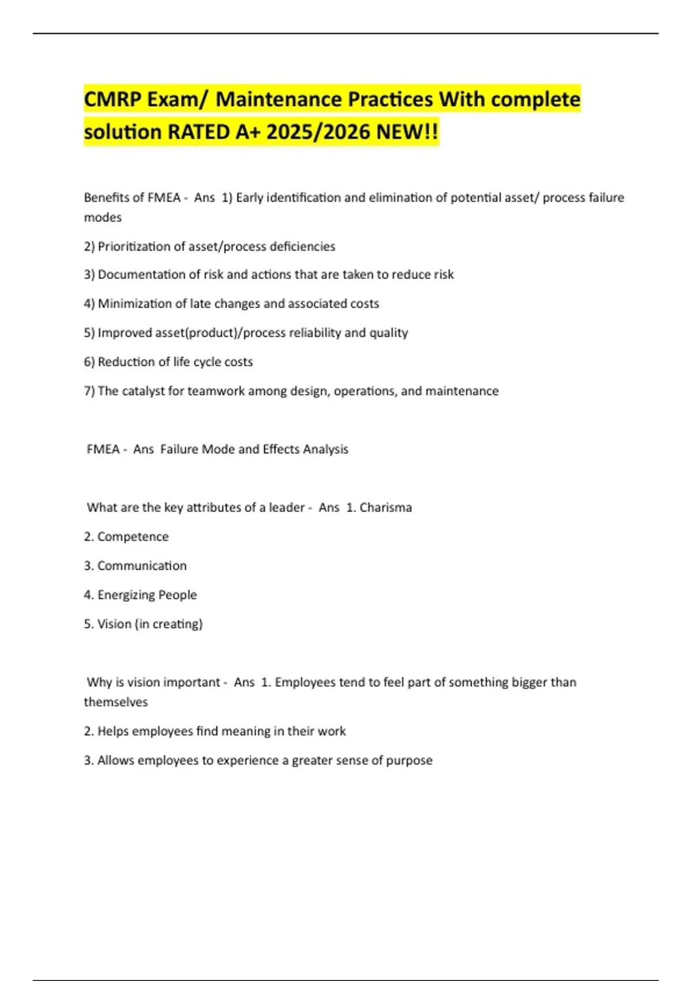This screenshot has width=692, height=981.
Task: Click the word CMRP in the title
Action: (x=112, y=100)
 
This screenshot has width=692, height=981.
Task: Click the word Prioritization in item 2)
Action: (x=133, y=246)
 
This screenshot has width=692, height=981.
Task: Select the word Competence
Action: (x=133, y=537)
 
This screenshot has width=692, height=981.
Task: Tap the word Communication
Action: (x=141, y=566)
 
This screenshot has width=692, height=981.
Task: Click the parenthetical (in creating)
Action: (x=168, y=624)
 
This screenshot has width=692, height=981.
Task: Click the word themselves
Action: (x=115, y=702)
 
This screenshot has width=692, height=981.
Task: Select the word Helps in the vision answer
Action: (x=113, y=731)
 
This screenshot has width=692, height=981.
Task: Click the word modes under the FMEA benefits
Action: (x=103, y=218)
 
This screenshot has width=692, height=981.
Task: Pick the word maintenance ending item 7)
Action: (x=461, y=391)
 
